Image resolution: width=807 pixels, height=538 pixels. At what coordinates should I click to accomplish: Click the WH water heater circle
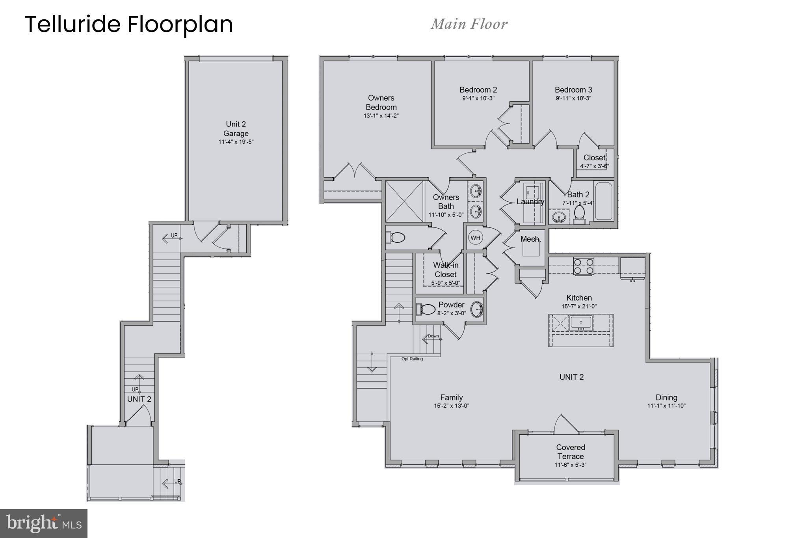pyautogui.click(x=475, y=238)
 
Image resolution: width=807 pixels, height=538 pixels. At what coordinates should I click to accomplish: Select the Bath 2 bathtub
pyautogui.click(x=604, y=201)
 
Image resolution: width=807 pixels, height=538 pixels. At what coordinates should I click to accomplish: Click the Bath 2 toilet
pyautogui.click(x=579, y=214)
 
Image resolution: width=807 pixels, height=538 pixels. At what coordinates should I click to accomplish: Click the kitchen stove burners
pyautogui.click(x=584, y=266)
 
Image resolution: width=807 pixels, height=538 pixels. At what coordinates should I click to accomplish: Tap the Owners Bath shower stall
pyautogui.click(x=404, y=201)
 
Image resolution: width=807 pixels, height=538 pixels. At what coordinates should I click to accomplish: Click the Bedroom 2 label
pyautogui.click(x=478, y=90)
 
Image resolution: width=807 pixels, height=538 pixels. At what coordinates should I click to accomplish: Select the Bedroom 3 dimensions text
pyautogui.click(x=573, y=99)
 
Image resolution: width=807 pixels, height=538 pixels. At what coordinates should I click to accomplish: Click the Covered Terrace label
pyautogui.click(x=571, y=452)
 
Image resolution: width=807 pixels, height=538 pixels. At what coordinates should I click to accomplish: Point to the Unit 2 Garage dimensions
pyautogui.click(x=236, y=142)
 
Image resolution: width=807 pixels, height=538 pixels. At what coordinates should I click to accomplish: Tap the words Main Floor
pyautogui.click(x=469, y=24)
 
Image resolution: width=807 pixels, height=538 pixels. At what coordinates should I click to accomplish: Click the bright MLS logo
pyautogui.click(x=44, y=523)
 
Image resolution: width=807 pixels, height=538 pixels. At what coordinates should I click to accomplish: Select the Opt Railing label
pyautogui.click(x=412, y=359)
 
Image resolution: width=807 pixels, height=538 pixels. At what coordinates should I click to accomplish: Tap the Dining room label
pyautogui.click(x=666, y=397)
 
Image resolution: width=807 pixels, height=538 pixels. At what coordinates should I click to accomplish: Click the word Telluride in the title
pyautogui.click(x=73, y=24)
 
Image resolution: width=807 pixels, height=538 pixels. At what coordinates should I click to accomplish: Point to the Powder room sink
pyautogui.click(x=477, y=309)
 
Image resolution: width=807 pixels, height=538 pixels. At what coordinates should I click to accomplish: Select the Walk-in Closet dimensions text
pyautogui.click(x=446, y=283)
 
